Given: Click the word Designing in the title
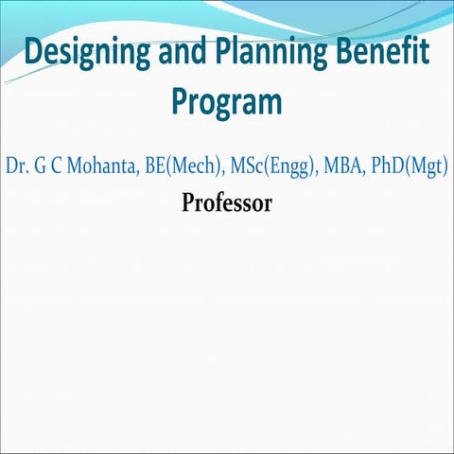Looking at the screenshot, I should tap(83, 54).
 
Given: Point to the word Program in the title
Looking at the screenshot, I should tap(227, 102).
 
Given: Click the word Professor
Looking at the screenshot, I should tap(227, 202).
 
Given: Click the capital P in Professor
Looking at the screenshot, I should tap(187, 202).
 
